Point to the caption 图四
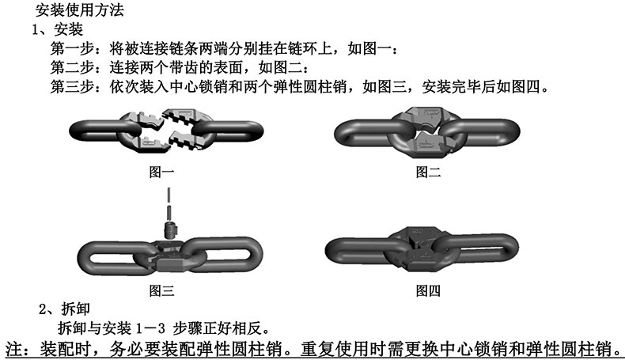tap(428, 290)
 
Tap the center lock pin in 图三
tap(168, 230)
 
